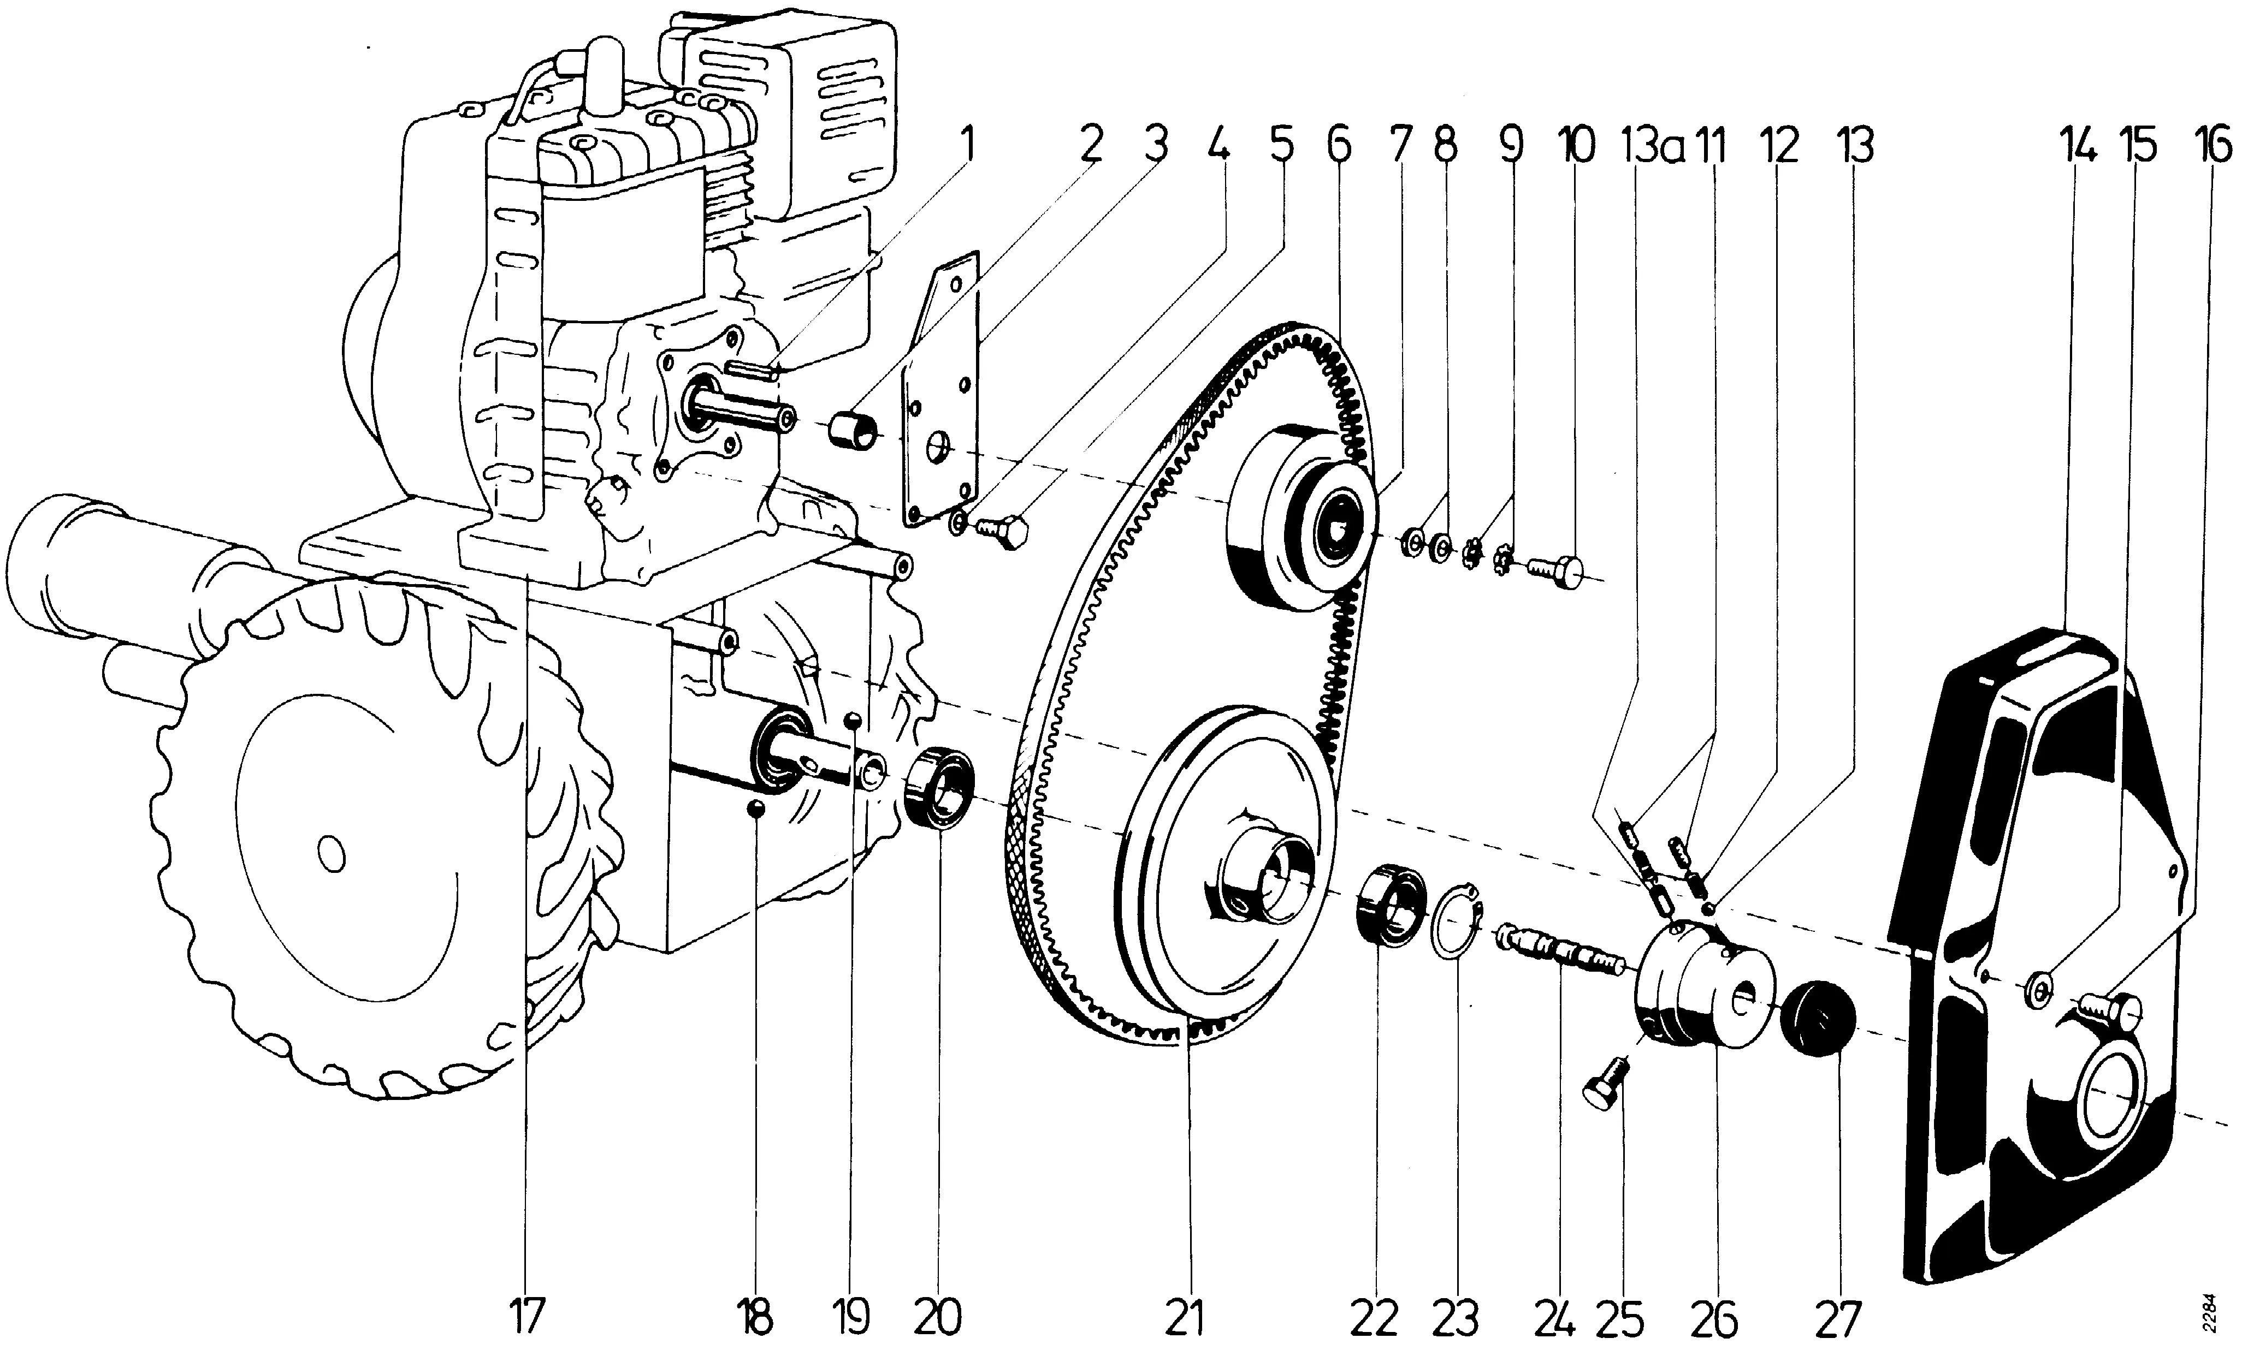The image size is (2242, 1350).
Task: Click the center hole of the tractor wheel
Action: point(331,852)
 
